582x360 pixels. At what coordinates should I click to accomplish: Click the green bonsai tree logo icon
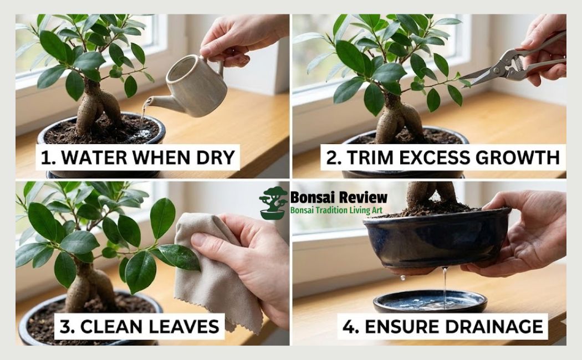point(273,203)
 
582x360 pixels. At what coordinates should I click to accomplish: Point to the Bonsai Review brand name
point(339,198)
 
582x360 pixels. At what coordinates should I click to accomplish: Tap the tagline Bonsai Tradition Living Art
point(340,210)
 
